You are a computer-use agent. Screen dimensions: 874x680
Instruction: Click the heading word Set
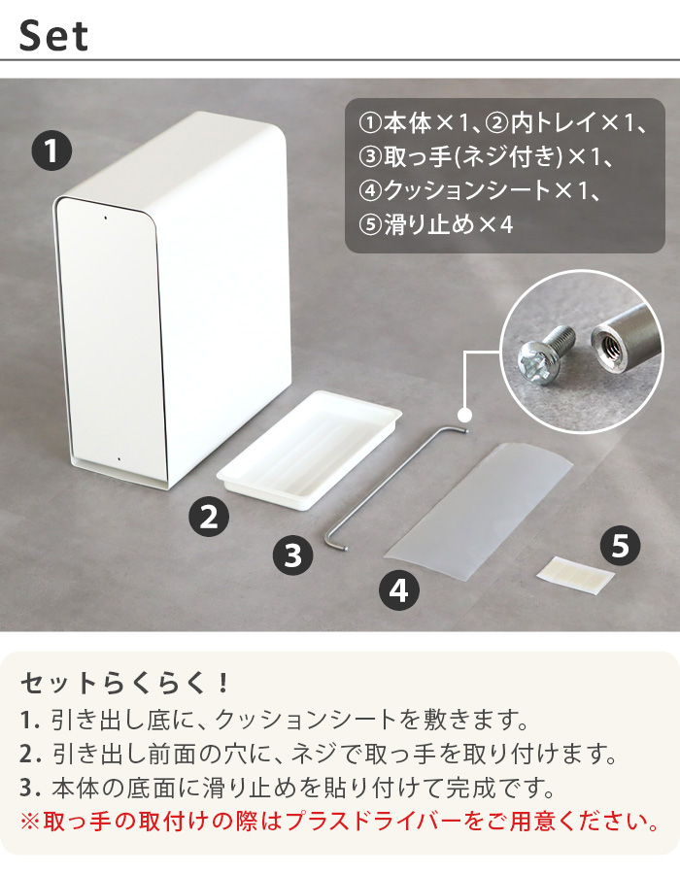point(54,36)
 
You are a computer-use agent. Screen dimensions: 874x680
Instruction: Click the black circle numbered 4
point(398,589)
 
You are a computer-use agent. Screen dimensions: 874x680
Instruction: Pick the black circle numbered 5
point(619,547)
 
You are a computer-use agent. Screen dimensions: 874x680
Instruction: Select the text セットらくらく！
point(126,682)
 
